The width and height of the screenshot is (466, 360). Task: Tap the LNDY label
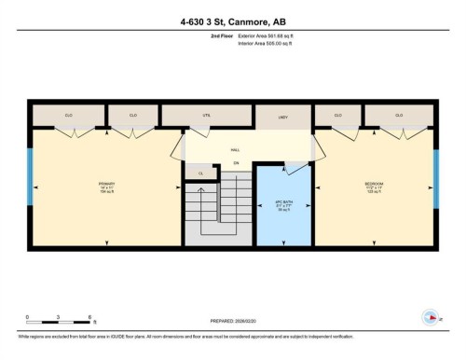click(282, 117)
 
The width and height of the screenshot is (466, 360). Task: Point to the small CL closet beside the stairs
click(200, 173)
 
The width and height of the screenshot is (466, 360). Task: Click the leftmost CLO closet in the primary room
click(68, 115)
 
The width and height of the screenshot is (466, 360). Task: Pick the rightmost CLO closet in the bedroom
click(398, 115)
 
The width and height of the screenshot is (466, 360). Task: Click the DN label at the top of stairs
click(236, 163)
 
